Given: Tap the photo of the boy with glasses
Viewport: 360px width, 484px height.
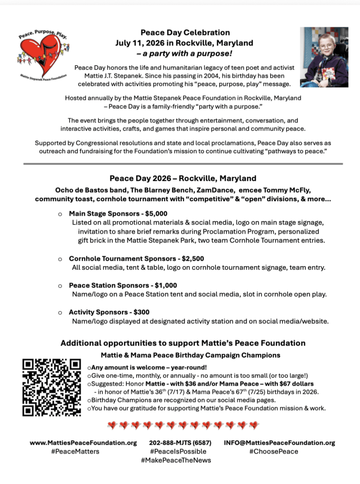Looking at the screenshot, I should pos(326,57).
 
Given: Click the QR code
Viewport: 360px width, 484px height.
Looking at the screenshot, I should pos(53,388).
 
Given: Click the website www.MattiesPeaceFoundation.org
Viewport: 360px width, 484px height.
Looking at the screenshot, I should pos(83,443).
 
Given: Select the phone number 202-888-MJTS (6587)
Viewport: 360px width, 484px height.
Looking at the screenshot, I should pos(180,443).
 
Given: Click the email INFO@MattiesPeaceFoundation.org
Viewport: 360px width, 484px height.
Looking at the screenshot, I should pos(280,443).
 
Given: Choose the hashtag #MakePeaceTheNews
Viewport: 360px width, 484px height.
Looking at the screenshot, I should pos(176,460).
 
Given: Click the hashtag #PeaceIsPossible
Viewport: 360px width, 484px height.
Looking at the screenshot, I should pos(176,451).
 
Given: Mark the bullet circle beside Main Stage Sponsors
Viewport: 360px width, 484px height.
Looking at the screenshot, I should pos(60,214).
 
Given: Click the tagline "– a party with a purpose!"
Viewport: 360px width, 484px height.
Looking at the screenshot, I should pos(184,53).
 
